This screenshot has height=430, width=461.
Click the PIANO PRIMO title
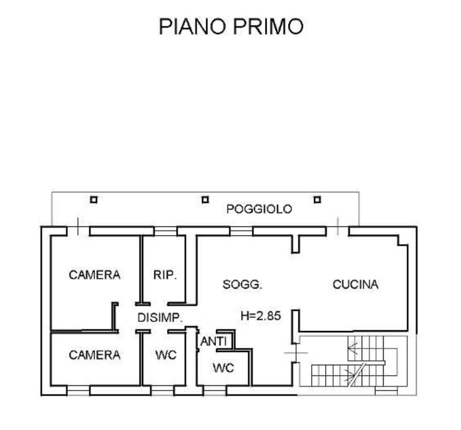pos(231,26)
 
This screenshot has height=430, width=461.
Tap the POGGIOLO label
pos(259,209)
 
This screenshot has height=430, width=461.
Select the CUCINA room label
pos(355,284)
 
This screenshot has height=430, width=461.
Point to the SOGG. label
pos(242,285)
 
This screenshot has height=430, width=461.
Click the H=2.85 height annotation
pos(261,316)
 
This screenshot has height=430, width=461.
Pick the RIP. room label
pos(164,275)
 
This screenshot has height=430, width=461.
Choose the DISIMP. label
pos(160,317)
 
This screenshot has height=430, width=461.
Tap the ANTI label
pos(213,341)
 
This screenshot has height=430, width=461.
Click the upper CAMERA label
pos(95,275)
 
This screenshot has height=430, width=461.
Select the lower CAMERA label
pos(95,355)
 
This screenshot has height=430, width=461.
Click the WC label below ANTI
pos(223,368)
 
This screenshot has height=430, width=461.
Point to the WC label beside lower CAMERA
pos(166,355)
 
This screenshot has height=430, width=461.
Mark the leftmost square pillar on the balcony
pos(93,200)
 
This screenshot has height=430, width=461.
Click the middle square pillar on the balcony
pos(205,200)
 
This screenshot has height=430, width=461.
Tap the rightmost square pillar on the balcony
pos(317,200)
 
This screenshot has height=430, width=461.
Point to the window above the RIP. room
pos(165,231)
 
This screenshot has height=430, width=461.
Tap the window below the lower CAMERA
pos(78,391)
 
